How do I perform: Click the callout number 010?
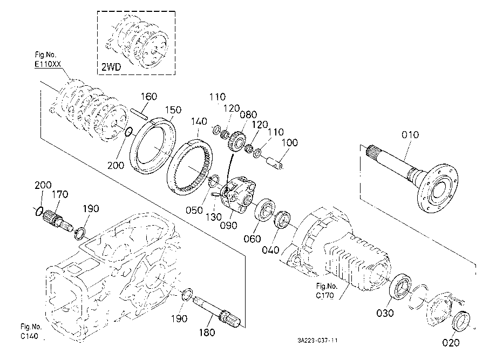(x=410, y=135)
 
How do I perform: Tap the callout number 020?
(x=451, y=343)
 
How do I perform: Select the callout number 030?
(x=385, y=313)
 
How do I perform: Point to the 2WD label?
(x=111, y=67)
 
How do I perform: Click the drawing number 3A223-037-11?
(x=317, y=341)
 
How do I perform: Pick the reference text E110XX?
(x=48, y=64)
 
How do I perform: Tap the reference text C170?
(x=324, y=295)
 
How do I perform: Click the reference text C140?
(x=30, y=336)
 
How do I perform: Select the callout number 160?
(x=148, y=97)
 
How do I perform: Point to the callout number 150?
(x=173, y=110)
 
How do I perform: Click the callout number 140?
(x=199, y=121)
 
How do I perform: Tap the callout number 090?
(x=229, y=226)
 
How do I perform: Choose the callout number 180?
(x=207, y=332)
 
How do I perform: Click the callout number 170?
(x=60, y=194)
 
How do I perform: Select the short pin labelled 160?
(x=139, y=114)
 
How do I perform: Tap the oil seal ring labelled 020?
(x=461, y=321)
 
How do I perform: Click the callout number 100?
(x=289, y=142)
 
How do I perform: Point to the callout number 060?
(x=252, y=239)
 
